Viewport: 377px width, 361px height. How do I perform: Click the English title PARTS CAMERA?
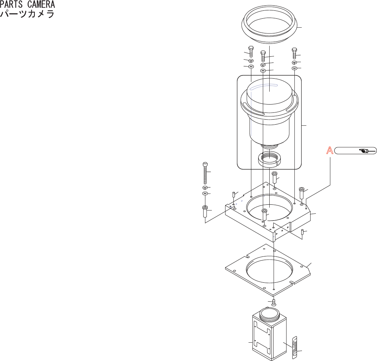pos(27,5)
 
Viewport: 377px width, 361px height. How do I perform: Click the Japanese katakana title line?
pos(27,14)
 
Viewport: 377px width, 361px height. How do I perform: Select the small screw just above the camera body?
pos(274,302)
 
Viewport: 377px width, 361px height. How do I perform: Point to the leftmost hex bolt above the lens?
pos(251,51)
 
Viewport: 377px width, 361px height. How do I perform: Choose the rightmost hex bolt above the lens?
pos(294,53)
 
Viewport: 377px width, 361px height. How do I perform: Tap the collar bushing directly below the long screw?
pos(205,211)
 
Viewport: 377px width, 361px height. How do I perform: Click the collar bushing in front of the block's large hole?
pos(264,214)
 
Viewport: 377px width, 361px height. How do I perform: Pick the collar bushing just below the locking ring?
pos(274,177)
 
